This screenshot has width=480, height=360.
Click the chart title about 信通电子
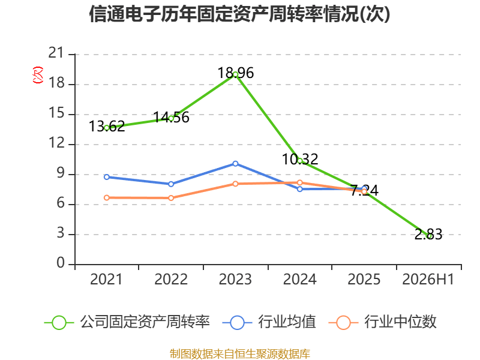click(x=239, y=14)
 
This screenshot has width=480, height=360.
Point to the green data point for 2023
click(x=235, y=74)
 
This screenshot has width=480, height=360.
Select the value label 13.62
click(x=107, y=126)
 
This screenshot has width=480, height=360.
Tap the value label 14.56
click(x=171, y=117)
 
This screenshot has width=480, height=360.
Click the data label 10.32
click(x=300, y=159)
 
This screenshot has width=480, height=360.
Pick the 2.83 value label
click(x=428, y=235)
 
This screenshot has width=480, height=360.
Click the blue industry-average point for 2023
click(x=235, y=164)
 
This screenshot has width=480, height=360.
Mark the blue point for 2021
click(x=107, y=177)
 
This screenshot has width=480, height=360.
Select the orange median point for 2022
click(x=171, y=198)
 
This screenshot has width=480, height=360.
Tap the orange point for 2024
click(x=299, y=183)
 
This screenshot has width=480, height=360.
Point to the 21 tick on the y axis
click(x=56, y=53)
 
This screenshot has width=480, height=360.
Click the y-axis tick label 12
click(x=56, y=143)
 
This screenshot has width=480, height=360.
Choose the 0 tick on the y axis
click(x=61, y=263)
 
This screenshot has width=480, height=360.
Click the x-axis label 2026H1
click(x=428, y=280)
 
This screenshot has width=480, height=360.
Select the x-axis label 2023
click(x=235, y=280)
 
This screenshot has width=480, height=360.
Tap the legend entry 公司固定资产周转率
click(x=127, y=322)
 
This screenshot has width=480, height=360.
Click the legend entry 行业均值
click(x=269, y=322)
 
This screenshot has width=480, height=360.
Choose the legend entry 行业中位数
click(x=382, y=322)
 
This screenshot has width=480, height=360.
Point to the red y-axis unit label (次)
click(x=38, y=75)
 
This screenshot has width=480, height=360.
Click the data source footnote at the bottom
click(x=240, y=354)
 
